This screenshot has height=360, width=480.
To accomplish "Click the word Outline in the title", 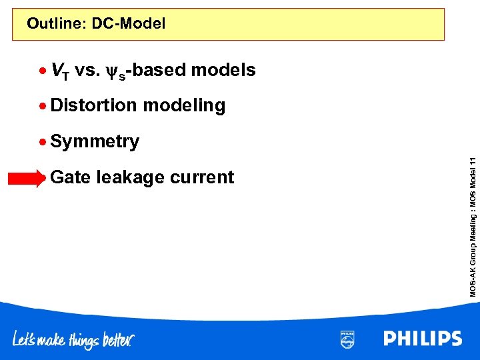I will click(56, 25).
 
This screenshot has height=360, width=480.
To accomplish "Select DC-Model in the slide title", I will click(129, 25).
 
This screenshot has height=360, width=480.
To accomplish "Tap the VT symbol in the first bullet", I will click(59, 71).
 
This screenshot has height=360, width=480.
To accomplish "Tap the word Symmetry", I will click(95, 141).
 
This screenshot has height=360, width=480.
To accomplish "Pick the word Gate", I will click(71, 177).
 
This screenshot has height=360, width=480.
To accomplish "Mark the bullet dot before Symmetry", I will click(43, 141).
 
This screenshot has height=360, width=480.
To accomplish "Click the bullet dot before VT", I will click(43, 70).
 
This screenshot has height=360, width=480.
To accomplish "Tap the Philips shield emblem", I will click(347, 339).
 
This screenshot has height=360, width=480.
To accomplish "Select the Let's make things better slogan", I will click(73, 340).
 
